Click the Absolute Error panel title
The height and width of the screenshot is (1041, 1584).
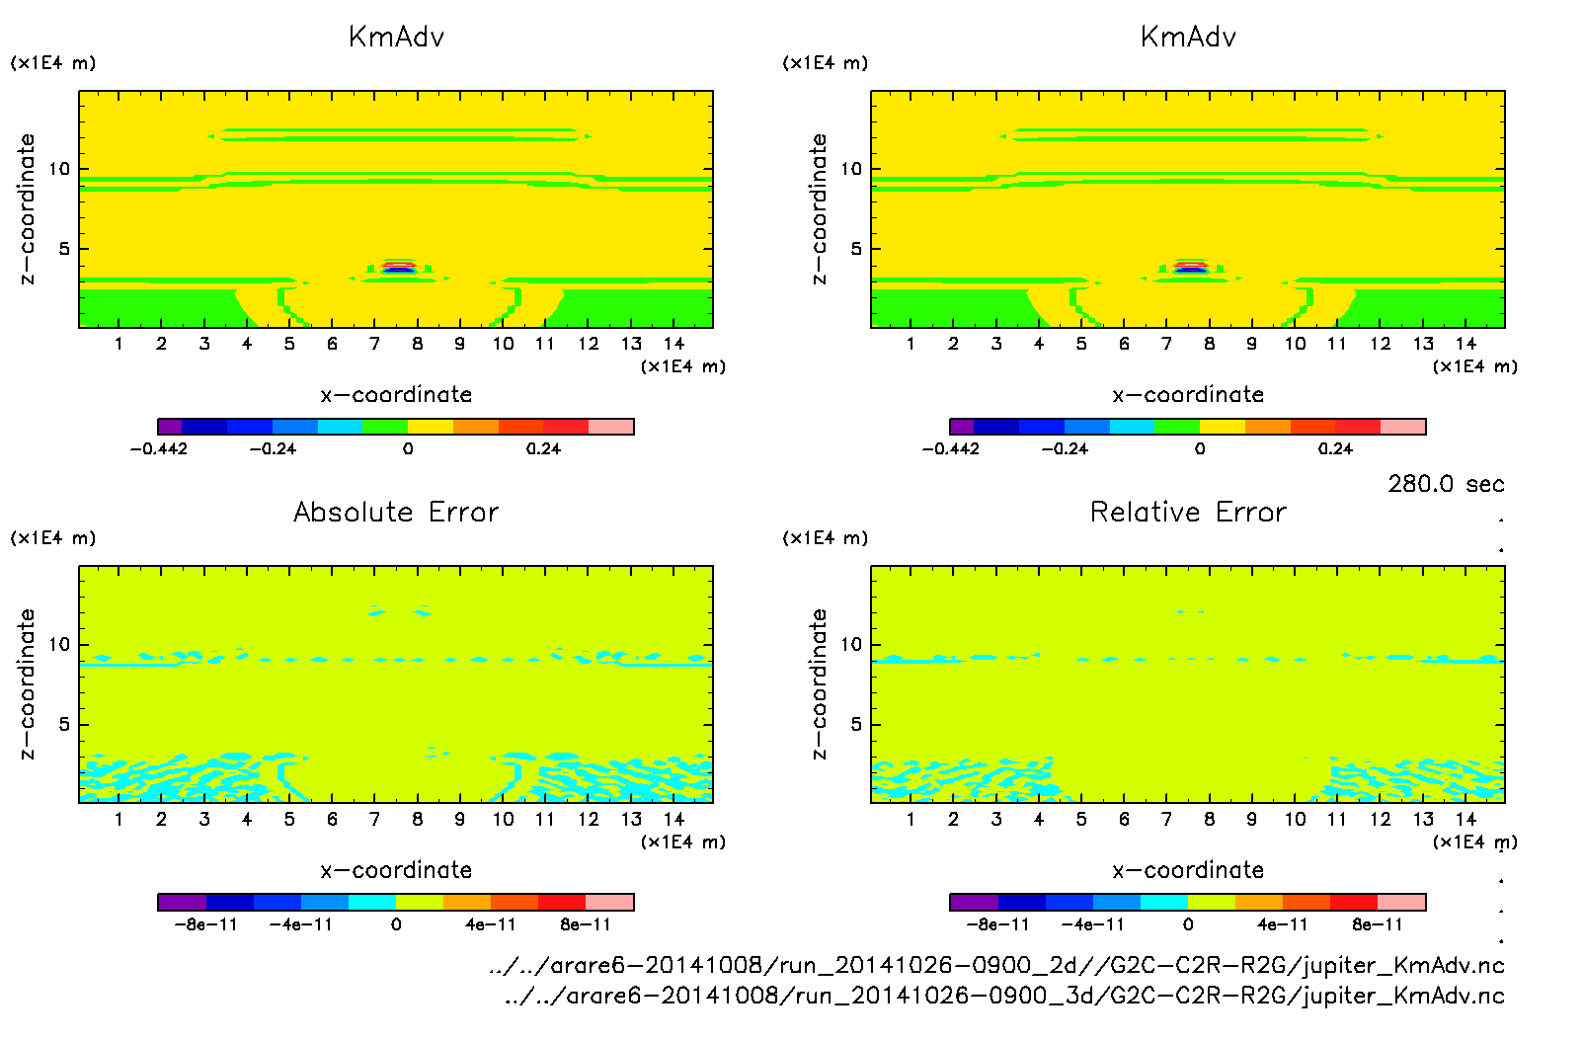pyautogui.click(x=396, y=512)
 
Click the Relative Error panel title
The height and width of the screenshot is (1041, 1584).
pyautogui.click(x=1188, y=512)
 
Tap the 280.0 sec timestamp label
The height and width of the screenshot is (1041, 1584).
pyautogui.click(x=1446, y=484)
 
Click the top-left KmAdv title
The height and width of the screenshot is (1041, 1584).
pyautogui.click(x=396, y=38)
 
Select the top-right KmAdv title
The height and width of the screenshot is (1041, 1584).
pyautogui.click(x=1188, y=38)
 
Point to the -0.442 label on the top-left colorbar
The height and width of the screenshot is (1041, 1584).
pyautogui.click(x=159, y=448)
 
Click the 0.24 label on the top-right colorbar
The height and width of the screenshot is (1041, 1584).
pyautogui.click(x=1335, y=448)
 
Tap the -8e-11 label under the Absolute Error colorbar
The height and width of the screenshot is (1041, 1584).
pyautogui.click(x=205, y=924)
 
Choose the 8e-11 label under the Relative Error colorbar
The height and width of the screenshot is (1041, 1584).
pyautogui.click(x=1377, y=924)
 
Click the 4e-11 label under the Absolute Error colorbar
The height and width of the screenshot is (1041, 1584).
pyautogui.click(x=490, y=924)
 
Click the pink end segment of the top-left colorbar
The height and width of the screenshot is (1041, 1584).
pyautogui.click(x=611, y=427)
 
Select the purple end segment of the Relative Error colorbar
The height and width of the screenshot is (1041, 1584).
pyautogui.click(x=974, y=902)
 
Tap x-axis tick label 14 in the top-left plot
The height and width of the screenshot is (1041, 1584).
pyautogui.click(x=673, y=344)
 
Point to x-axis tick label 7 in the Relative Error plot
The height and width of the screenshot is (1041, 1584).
pyautogui.click(x=1166, y=819)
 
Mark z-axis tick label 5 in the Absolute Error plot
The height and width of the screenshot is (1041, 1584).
pyautogui.click(x=64, y=724)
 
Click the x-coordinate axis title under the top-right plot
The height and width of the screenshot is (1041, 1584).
pyautogui.click(x=1188, y=395)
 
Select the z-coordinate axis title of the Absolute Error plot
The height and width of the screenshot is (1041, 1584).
pyautogui.click(x=28, y=683)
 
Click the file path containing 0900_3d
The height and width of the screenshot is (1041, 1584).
pyautogui.click(x=1004, y=996)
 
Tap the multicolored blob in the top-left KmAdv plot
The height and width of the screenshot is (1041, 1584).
pyautogui.click(x=398, y=267)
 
